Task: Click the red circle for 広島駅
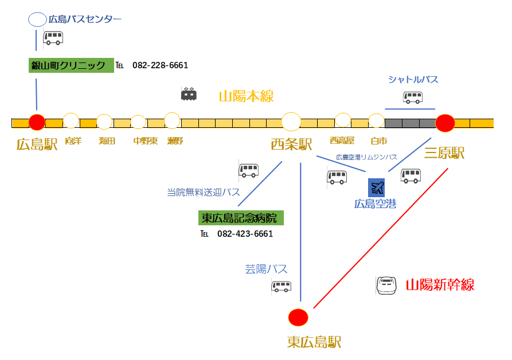37,122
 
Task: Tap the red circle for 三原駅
445,123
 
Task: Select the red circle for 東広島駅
298,316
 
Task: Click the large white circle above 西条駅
291,122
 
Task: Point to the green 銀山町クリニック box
71,65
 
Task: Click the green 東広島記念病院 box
241,218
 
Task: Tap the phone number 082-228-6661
160,65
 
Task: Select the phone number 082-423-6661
245,234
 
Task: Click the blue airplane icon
377,187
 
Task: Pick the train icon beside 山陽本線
189,94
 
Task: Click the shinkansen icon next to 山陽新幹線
386,285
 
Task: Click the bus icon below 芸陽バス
282,286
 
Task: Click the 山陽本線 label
247,96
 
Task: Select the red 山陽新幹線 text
440,285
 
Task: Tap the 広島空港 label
375,204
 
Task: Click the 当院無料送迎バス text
203,193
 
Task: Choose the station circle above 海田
104,122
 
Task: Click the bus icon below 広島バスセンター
53,38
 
